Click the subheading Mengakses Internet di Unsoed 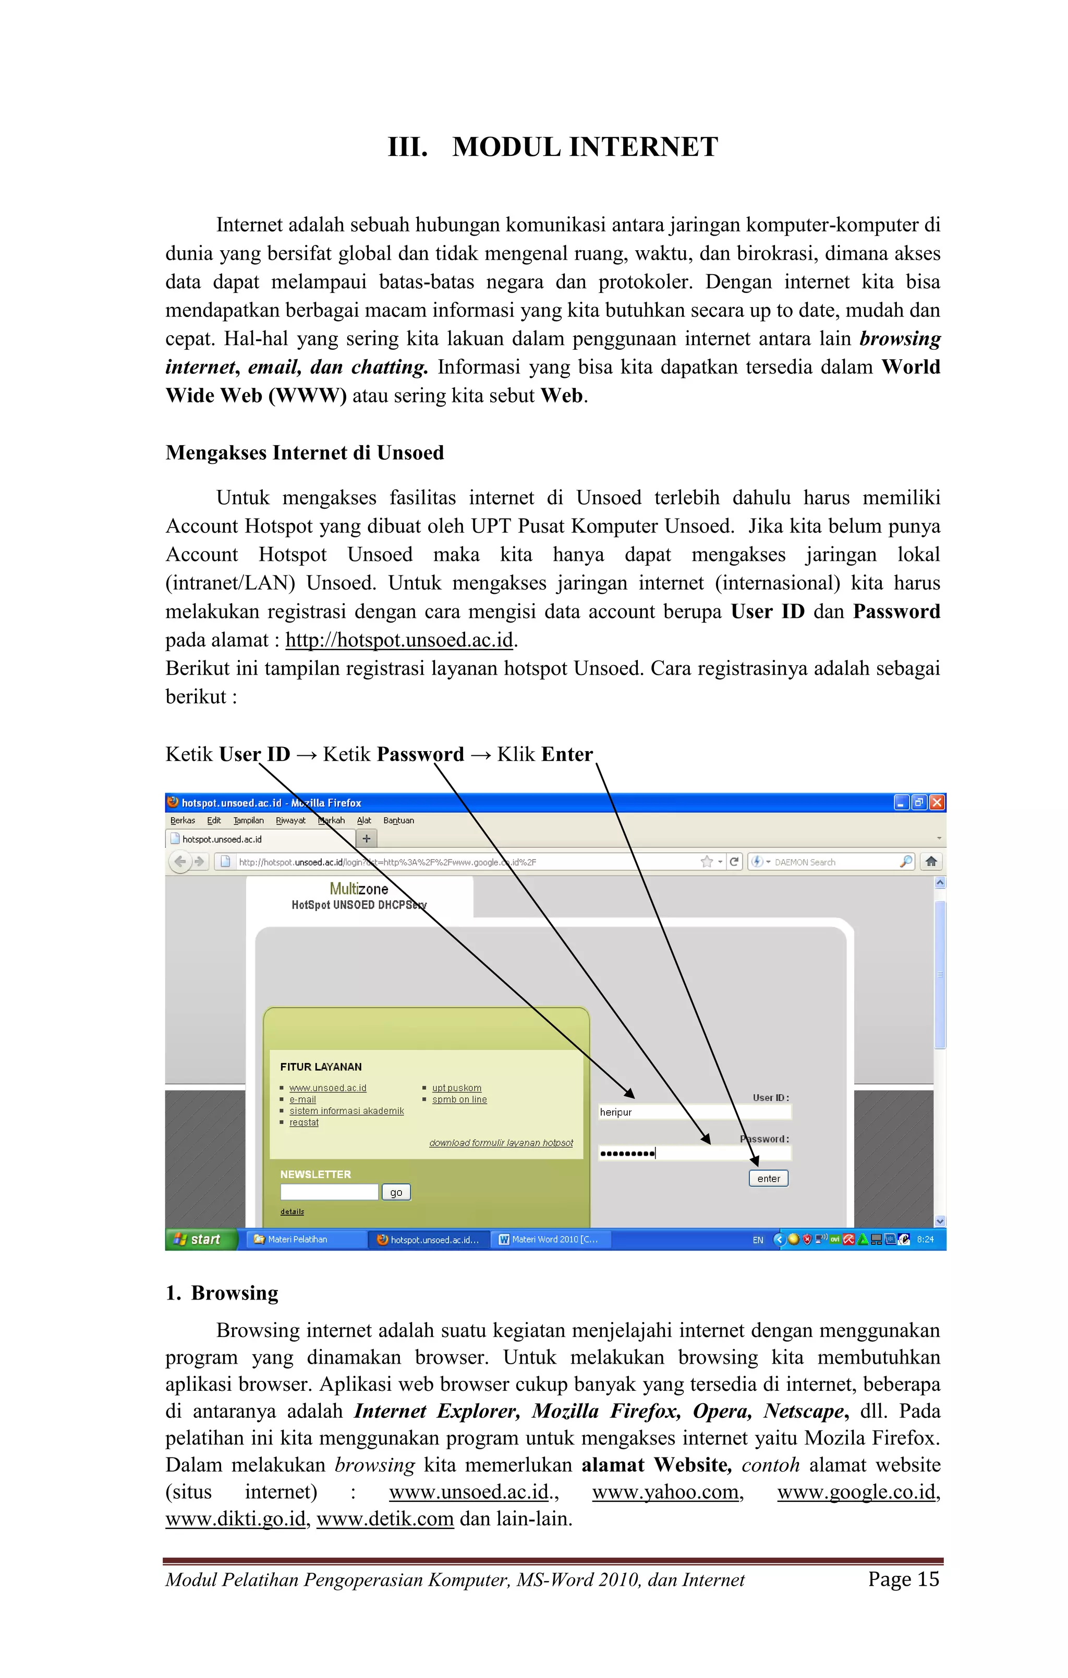pyautogui.click(x=304, y=453)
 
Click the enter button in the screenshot pyautogui.click(x=768, y=1179)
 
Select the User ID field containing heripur pyautogui.click(x=694, y=1112)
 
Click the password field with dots pyautogui.click(x=694, y=1153)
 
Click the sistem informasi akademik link pyautogui.click(x=346, y=1111)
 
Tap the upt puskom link pyautogui.click(x=457, y=1088)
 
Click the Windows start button pyautogui.click(x=200, y=1239)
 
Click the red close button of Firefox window pyautogui.click(x=937, y=802)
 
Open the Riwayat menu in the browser pyautogui.click(x=290, y=820)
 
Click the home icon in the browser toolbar pyautogui.click(x=931, y=861)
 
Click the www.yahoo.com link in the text pyautogui.click(x=665, y=1492)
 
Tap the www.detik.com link pyautogui.click(x=385, y=1519)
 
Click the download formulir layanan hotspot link pyautogui.click(x=501, y=1143)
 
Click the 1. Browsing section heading pyautogui.click(x=222, y=1293)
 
